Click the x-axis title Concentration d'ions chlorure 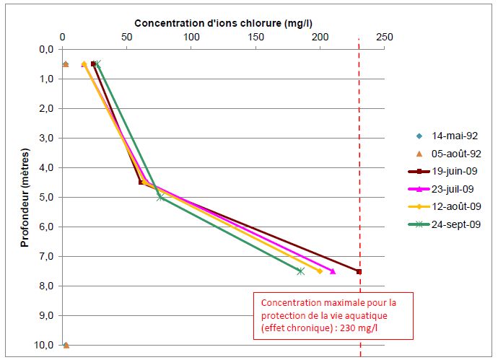pyautogui.click(x=222, y=21)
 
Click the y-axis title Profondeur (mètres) pyautogui.click(x=24, y=194)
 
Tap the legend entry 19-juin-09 pyautogui.click(x=455, y=172)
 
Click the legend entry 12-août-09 pyautogui.click(x=456, y=207)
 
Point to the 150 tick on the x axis pyautogui.click(x=255, y=37)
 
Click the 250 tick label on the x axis pyautogui.click(x=384, y=37)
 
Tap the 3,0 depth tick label pyautogui.click(x=46, y=138)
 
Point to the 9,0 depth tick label pyautogui.click(x=46, y=315)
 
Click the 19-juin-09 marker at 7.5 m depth pyautogui.click(x=359, y=271)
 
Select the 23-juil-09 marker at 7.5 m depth pyautogui.click(x=333, y=271)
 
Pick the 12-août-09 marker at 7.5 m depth pyautogui.click(x=320, y=271)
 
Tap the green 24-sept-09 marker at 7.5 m pyautogui.click(x=300, y=271)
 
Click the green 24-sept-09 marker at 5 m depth pyautogui.click(x=160, y=197)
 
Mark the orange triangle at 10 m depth pyautogui.click(x=66, y=345)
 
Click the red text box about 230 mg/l pyautogui.click(x=333, y=315)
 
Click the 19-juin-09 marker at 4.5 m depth pyautogui.click(x=141, y=183)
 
